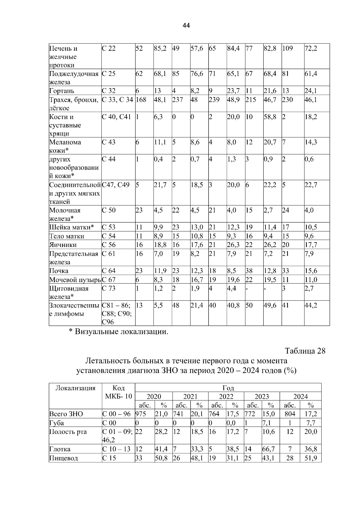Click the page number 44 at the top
pos(186,26)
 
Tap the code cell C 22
pos(109,48)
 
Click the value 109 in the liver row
pos(287,48)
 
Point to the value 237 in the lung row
pos(178,100)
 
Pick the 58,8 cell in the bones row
pos(270,117)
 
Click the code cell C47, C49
pos(116,185)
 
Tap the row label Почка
pos(59,271)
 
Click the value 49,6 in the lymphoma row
pos(270,305)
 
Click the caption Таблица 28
pos(305,351)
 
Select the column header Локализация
pos(76,388)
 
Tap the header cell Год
pos(228,388)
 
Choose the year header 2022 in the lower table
pos(226,397)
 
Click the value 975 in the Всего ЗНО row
pos(141,414)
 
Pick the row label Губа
pos(56,423)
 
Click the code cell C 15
pos(109,458)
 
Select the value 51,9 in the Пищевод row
pos(310,458)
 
